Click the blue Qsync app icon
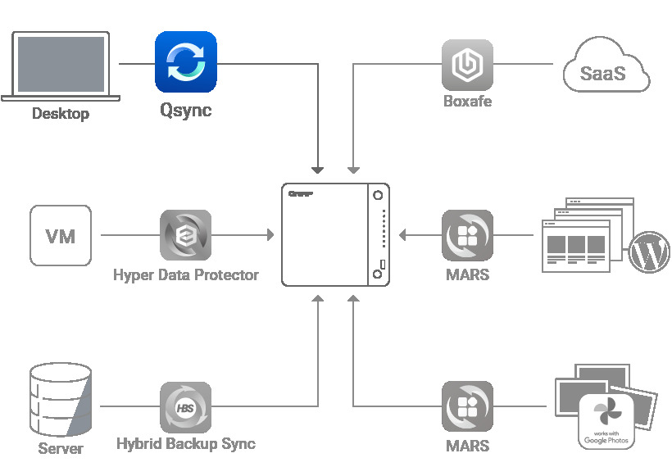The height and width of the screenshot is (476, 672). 185,61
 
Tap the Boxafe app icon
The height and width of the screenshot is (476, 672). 467,65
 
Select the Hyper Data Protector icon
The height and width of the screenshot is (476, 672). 185,236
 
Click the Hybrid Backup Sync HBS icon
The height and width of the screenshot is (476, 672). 185,407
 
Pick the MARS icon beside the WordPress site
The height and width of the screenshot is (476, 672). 467,236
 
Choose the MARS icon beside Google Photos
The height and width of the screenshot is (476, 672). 467,407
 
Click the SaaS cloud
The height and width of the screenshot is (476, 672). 606,72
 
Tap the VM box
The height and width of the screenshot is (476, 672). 61,236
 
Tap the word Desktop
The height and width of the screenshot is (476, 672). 60,114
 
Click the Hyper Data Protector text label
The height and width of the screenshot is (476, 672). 185,275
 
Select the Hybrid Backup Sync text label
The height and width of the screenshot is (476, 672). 185,444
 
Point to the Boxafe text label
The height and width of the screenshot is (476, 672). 467,102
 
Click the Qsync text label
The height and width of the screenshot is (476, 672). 185,110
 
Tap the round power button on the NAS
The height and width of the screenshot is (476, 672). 378,197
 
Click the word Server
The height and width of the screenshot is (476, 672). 60,449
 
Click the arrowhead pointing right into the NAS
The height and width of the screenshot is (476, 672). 270,236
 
